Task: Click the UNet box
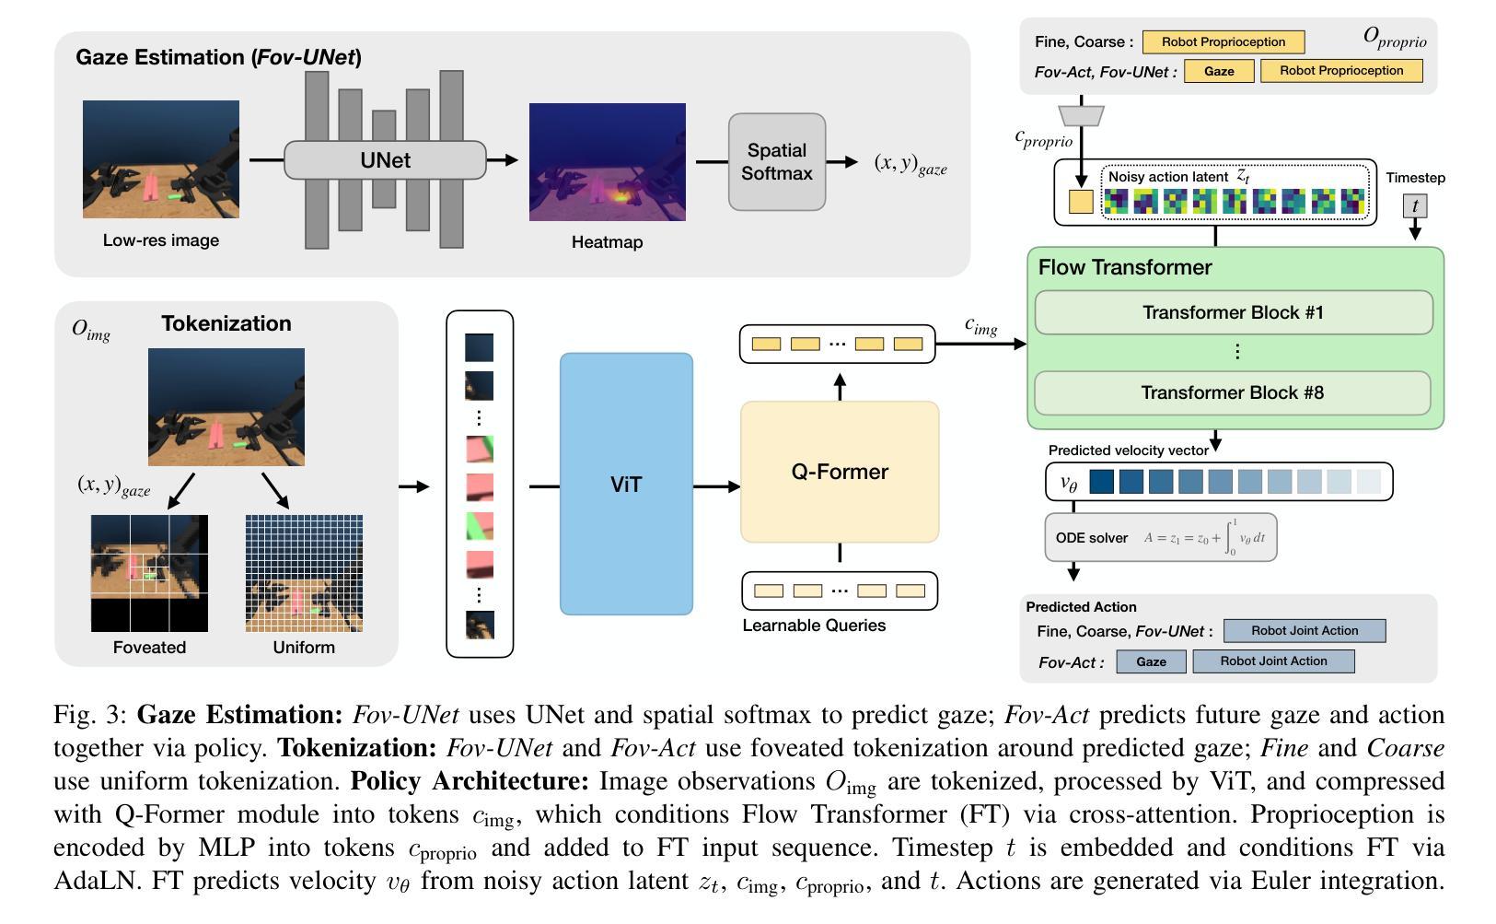[x=386, y=160]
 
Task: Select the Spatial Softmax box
[x=777, y=162]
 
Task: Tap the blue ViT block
[x=626, y=484]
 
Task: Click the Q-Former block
[x=840, y=472]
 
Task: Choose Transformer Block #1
[x=1234, y=312]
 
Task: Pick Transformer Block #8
[x=1232, y=392]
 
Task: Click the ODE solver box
[x=1161, y=537]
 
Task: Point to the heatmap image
[x=607, y=162]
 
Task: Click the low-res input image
[x=161, y=159]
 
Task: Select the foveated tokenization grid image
[x=149, y=573]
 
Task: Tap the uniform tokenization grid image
[x=304, y=573]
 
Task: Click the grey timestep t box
[x=1414, y=205]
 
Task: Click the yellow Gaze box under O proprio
[x=1219, y=71]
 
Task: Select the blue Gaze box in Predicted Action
[x=1152, y=661]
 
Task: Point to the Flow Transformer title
[x=1125, y=267]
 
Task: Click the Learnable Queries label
[x=814, y=626]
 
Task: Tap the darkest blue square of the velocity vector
[x=1101, y=482]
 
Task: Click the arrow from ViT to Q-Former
[x=716, y=486]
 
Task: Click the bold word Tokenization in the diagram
[x=226, y=323]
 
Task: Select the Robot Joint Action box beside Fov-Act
[x=1273, y=661]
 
